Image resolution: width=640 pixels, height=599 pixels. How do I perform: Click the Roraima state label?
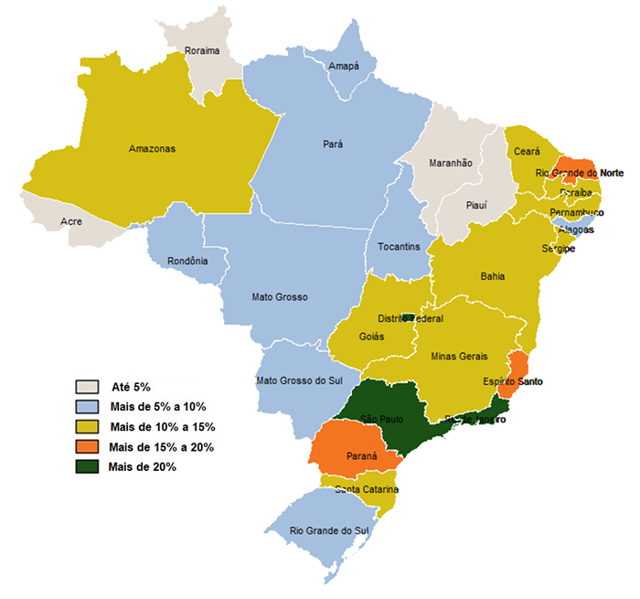click(x=203, y=51)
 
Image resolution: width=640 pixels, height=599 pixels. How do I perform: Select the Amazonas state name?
click(x=152, y=148)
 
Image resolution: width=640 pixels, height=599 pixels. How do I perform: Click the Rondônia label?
click(x=187, y=261)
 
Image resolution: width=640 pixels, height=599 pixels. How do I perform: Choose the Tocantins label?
click(x=399, y=247)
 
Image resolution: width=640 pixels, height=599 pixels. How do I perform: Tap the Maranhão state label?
click(x=450, y=163)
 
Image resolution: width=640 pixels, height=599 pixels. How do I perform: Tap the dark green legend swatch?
click(x=88, y=466)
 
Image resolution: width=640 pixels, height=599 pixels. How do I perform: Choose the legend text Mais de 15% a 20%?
click(x=162, y=446)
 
